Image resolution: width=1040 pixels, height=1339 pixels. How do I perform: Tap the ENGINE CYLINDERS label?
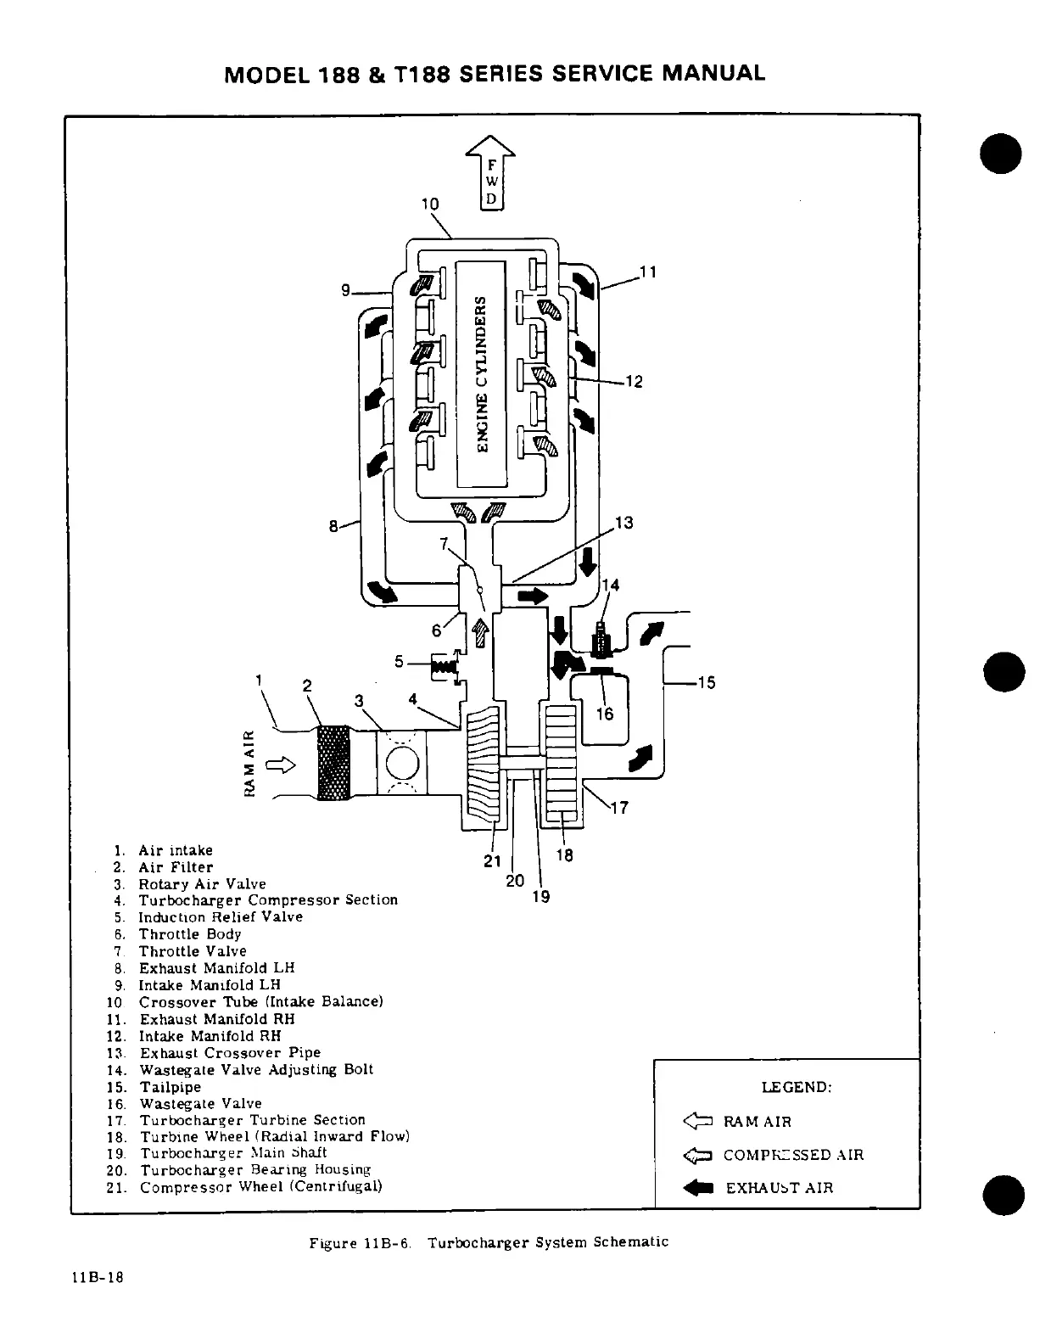(x=481, y=373)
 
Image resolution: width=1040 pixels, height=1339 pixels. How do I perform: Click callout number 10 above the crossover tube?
(x=430, y=204)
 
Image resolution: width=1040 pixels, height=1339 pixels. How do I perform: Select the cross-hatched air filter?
(x=333, y=761)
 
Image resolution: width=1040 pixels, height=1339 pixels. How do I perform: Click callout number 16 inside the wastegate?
(x=604, y=714)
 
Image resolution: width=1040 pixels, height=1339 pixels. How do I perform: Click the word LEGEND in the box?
(x=796, y=1088)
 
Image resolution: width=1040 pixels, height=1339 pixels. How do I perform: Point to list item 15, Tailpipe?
(x=171, y=1087)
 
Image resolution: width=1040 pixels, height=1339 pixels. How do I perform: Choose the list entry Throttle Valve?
(x=193, y=951)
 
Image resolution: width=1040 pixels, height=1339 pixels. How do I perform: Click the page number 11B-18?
(x=98, y=1279)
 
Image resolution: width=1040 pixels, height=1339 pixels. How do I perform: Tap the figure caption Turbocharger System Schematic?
(x=548, y=1242)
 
